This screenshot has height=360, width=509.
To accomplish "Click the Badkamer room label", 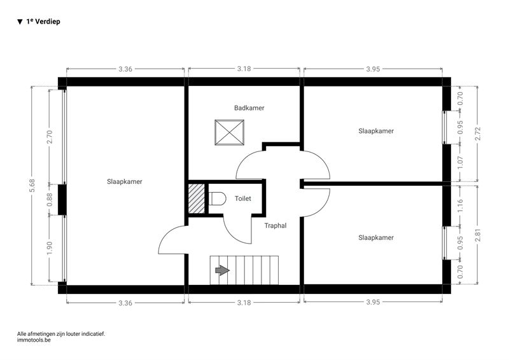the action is pyautogui.click(x=249, y=107).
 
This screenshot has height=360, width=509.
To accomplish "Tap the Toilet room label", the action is pyautogui.click(x=243, y=198).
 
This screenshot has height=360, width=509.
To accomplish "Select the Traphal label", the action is pyautogui.click(x=275, y=226).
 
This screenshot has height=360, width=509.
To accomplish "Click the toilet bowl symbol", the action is pyautogui.click(x=217, y=198).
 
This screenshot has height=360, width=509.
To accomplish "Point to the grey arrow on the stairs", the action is pyautogui.click(x=222, y=270).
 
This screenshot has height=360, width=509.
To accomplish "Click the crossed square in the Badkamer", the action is pyautogui.click(x=230, y=132).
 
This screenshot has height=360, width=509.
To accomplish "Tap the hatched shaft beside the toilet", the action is pyautogui.click(x=197, y=198).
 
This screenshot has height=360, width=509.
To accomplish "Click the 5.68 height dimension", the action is pyautogui.click(x=32, y=185).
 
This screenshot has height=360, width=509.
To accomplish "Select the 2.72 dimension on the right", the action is pyautogui.click(x=478, y=134).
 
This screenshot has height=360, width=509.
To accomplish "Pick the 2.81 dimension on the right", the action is pyautogui.click(x=478, y=235).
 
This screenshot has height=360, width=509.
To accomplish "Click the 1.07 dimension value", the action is pyautogui.click(x=460, y=163).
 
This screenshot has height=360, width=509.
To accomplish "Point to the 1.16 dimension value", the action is pyautogui.click(x=460, y=206).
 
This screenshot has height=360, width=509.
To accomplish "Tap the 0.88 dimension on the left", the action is pyautogui.click(x=50, y=200).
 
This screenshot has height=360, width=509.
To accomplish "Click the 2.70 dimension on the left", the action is pyautogui.click(x=50, y=137).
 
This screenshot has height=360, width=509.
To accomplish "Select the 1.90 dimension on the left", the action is pyautogui.click(x=50, y=248).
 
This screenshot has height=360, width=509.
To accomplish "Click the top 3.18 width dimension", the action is pyautogui.click(x=244, y=69).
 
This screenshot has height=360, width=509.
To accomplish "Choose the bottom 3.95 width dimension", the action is pyautogui.click(x=373, y=302).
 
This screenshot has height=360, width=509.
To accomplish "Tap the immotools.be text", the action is pyautogui.click(x=34, y=340).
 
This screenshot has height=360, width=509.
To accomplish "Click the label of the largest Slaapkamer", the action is pyautogui.click(x=125, y=182).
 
